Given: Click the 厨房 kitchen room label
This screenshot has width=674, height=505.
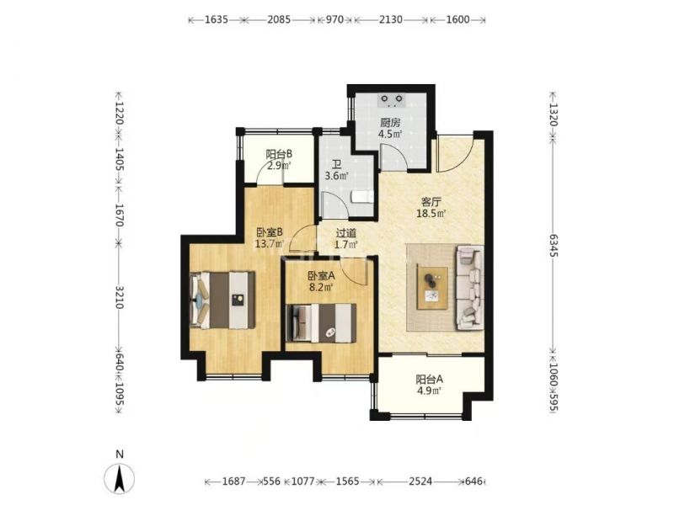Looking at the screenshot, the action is point(390,123).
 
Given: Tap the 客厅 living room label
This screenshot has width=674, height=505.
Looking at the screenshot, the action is point(431,202).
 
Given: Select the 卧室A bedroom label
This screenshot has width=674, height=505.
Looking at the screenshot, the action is point(321,276).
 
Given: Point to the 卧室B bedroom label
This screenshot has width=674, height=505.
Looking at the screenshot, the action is point(270,233).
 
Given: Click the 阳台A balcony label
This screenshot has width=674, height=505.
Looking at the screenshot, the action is point(429,380).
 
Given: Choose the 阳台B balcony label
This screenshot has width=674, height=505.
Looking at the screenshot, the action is point(279,154).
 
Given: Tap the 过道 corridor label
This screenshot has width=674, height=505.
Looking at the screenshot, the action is point(346,234).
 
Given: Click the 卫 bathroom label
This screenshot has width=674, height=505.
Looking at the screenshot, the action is point(336,165).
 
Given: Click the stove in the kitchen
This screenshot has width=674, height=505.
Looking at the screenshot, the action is point(392,100).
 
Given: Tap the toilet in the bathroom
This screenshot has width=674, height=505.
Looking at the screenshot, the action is point(362,197).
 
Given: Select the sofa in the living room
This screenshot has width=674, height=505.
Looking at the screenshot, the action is point(470,287).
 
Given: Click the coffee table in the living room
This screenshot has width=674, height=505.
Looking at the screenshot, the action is point(432,288).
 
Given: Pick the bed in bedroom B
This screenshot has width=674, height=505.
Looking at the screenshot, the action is point(222,300).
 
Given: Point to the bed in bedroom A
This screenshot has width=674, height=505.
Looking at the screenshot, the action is point(322,323).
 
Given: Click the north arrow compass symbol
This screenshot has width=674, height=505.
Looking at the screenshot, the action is point(120,478).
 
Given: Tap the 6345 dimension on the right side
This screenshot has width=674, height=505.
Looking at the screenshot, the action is point(553,246).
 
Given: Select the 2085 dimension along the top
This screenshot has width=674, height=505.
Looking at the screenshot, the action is point(279,19).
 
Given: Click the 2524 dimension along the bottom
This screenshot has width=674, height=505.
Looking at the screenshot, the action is point(420,481).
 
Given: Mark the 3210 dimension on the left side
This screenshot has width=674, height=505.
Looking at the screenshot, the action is point(119,297).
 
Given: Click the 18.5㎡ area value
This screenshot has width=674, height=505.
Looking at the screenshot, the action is point(431,213).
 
